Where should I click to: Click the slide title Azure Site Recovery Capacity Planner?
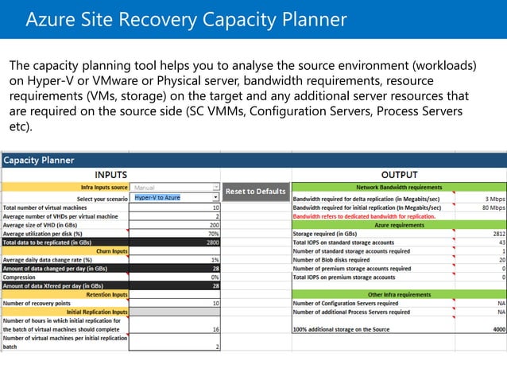click(x=187, y=19)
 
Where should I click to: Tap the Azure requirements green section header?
click(x=399, y=225)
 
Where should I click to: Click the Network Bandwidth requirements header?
click(x=399, y=188)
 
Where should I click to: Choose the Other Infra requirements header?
click(x=399, y=294)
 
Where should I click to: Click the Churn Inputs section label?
click(x=112, y=251)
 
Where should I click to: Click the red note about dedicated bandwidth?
click(x=364, y=216)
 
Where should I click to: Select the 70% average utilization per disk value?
click(x=213, y=234)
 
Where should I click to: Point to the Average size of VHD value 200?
click(x=213, y=225)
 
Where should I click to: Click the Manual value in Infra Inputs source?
click(x=145, y=188)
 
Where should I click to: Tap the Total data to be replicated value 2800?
click(x=212, y=242)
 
